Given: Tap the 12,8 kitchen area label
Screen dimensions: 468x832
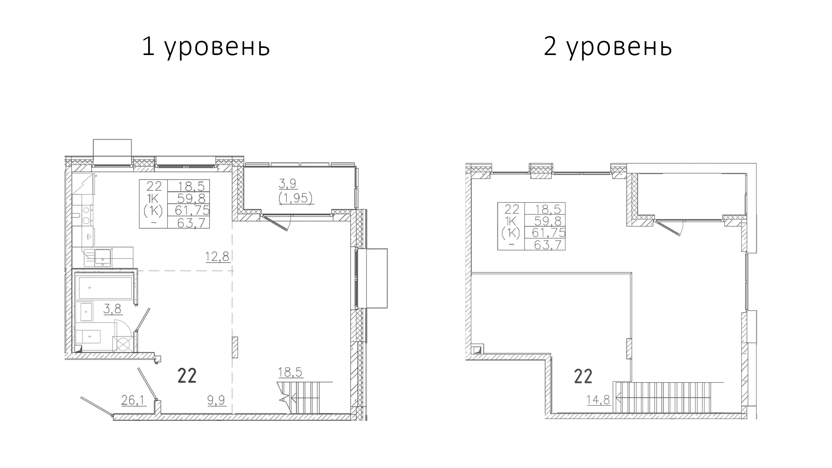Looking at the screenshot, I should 217,257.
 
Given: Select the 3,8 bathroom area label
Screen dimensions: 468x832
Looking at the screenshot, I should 112,309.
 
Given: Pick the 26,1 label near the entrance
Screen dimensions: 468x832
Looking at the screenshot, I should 134,400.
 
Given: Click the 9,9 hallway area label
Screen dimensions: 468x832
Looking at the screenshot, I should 216,400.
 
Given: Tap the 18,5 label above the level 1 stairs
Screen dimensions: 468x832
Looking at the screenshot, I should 290,372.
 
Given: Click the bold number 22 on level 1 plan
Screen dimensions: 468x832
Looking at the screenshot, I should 187,376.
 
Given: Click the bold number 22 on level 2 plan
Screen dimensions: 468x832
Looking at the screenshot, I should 583,377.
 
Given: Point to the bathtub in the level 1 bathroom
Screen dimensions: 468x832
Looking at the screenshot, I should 105,288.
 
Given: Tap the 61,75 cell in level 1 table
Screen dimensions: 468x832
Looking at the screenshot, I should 192,210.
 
